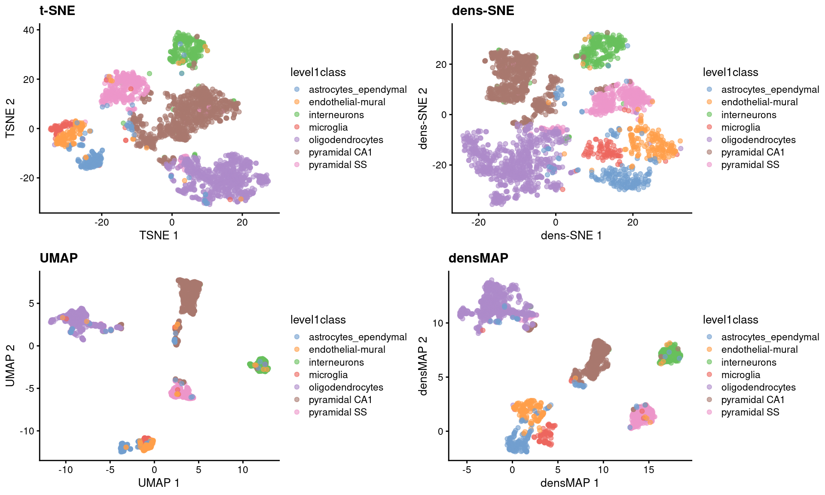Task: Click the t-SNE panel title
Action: pyautogui.click(x=57, y=10)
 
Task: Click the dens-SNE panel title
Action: pyautogui.click(x=483, y=10)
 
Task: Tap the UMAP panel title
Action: pyautogui.click(x=58, y=258)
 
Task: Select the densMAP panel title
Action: pyautogui.click(x=478, y=258)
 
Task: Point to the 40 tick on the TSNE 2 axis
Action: pyautogui.click(x=28, y=30)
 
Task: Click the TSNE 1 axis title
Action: pyautogui.click(x=159, y=235)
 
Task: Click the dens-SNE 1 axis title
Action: pyautogui.click(x=571, y=235)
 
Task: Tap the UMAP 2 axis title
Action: pyautogui.click(x=10, y=366)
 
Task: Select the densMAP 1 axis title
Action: pyautogui.click(x=569, y=483)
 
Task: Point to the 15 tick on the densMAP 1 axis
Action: pyautogui.click(x=648, y=470)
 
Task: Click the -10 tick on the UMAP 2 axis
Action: pyautogui.click(x=26, y=431)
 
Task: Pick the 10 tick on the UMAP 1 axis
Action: pyautogui.click(x=243, y=470)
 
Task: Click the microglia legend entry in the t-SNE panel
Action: pyautogui.click(x=328, y=128)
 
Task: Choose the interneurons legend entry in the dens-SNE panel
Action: pyautogui.click(x=749, y=115)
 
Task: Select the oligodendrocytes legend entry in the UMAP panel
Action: pyautogui.click(x=345, y=388)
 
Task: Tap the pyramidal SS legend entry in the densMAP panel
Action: pyautogui.click(x=750, y=412)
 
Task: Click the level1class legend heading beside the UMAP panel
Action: pyautogui.click(x=318, y=320)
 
